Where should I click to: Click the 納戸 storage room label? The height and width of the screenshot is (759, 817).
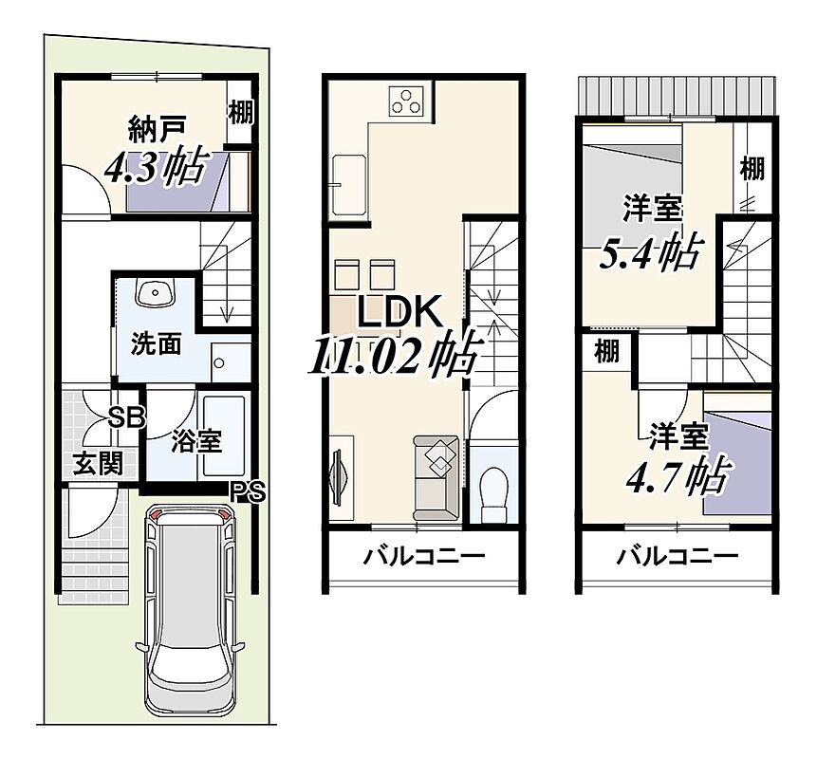(156, 131)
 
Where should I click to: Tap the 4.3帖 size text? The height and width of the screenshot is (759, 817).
(155, 166)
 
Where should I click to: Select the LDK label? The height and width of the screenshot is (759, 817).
(399, 314)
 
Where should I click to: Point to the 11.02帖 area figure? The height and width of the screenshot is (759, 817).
(392, 357)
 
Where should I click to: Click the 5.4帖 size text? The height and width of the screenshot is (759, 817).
(650, 251)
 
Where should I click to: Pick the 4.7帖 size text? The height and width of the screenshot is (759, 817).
(677, 475)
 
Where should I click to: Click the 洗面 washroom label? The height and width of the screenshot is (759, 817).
(156, 343)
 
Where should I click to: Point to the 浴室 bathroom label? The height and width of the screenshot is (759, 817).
(197, 441)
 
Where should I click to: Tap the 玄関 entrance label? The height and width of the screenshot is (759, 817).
(98, 463)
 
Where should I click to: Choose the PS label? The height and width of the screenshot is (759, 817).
(249, 491)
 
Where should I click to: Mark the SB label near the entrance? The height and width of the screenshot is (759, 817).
(126, 417)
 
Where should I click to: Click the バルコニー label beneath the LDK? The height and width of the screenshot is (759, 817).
(423, 556)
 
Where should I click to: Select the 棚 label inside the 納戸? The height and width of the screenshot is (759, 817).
(241, 112)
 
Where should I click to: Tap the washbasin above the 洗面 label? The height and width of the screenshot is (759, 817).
(155, 294)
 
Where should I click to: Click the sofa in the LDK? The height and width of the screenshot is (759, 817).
(436, 478)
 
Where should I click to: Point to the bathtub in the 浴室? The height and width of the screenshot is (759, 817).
(224, 435)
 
